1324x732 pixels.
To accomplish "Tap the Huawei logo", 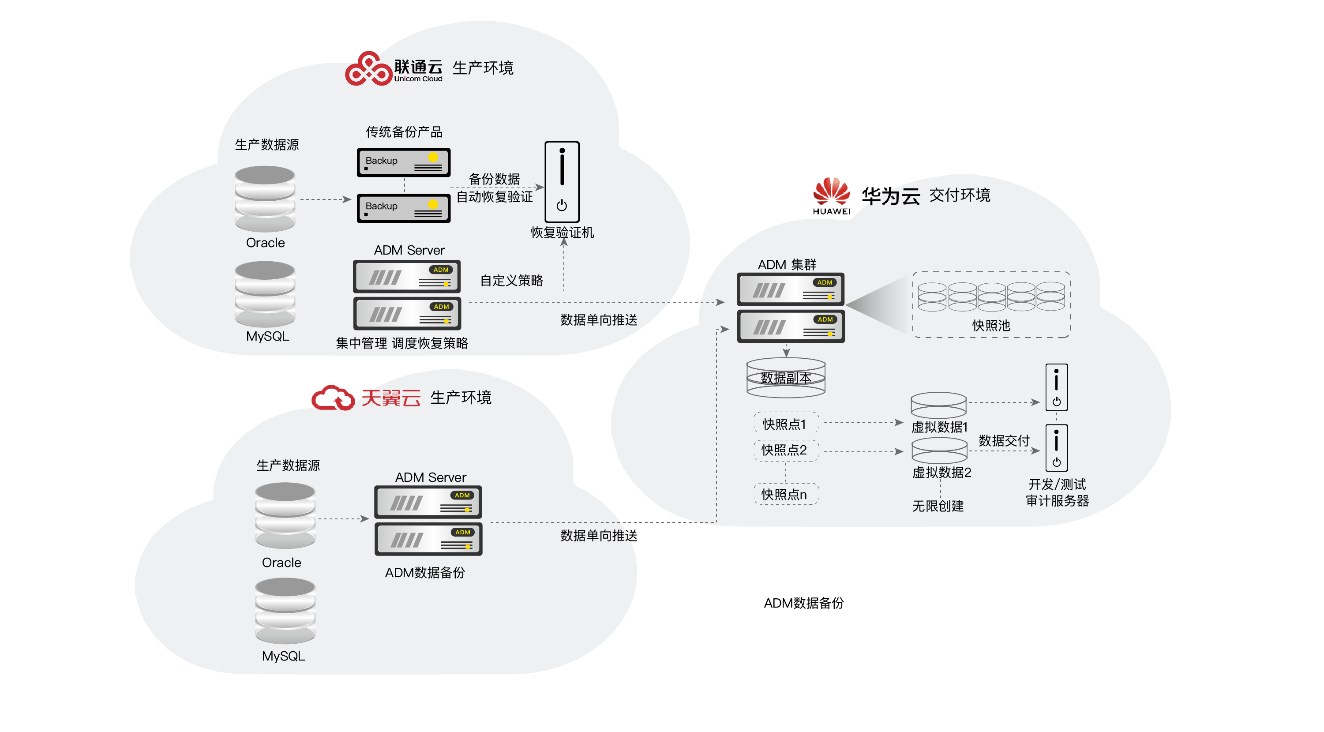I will tap(831, 195).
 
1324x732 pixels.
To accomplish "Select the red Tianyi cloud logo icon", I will tap(333, 398).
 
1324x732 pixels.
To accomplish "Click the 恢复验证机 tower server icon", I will tap(562, 181).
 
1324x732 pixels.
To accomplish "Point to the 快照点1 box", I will tap(785, 424).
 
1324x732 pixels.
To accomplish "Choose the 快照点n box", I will tap(785, 494).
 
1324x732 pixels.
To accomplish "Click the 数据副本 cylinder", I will tap(785, 378).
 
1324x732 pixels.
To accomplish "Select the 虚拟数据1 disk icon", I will tap(938, 405).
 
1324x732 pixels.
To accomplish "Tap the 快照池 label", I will tap(991, 325).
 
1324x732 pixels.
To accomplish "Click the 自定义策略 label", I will tap(511, 280).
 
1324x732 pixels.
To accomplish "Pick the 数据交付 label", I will tap(1004, 440).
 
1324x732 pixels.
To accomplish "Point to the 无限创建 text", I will tap(938, 506).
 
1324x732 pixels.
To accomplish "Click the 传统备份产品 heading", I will tap(404, 131).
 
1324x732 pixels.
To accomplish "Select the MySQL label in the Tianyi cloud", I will tap(283, 656).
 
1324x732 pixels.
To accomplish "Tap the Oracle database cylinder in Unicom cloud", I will tap(265, 199).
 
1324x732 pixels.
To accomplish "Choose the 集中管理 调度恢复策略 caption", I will tap(402, 343).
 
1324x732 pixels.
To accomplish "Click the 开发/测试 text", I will tap(1057, 484).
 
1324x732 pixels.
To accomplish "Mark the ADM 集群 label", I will tap(787, 264).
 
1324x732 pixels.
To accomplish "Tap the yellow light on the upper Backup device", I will tap(433, 157).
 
